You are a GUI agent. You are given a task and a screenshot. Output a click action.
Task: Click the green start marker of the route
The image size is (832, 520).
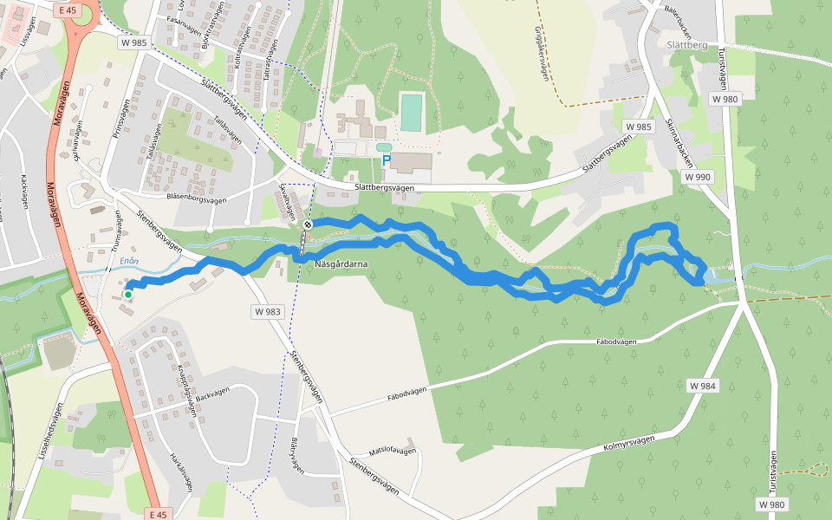(x=128, y=295)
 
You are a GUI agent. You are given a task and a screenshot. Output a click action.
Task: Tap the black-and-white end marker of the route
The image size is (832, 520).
(x=307, y=224)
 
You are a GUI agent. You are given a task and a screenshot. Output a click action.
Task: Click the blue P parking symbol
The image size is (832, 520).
(x=387, y=161)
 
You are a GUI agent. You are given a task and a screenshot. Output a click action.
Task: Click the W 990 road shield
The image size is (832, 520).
(x=697, y=177)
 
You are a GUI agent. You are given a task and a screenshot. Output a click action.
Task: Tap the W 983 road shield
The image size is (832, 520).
(x=269, y=310)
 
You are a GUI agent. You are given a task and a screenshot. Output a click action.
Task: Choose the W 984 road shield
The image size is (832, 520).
(x=703, y=385)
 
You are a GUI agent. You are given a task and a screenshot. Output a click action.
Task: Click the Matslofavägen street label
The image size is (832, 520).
(x=393, y=452)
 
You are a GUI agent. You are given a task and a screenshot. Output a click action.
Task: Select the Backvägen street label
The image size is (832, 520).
(x=214, y=395)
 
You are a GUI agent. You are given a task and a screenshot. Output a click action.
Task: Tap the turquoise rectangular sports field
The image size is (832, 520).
(x=411, y=112)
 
